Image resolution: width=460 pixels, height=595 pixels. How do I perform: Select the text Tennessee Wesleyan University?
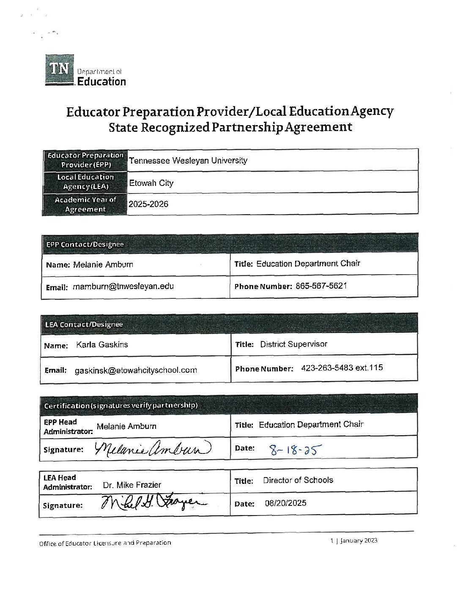(188, 161)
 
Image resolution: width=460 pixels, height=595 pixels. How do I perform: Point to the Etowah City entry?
(151, 183)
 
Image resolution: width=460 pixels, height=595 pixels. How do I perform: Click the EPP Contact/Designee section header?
(85, 244)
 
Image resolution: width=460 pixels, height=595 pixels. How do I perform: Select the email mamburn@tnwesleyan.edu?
(123, 287)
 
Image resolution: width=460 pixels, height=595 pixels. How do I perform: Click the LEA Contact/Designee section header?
(84, 324)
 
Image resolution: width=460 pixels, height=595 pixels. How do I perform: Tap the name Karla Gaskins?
(102, 344)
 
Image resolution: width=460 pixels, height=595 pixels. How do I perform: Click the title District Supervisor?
(293, 344)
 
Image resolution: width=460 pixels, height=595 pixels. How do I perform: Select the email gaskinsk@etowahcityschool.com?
(136, 370)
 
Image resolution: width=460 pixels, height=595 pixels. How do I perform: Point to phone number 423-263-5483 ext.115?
(342, 368)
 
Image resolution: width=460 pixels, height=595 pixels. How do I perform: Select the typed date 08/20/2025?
(285, 503)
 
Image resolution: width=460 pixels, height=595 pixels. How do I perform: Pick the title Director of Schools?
(298, 480)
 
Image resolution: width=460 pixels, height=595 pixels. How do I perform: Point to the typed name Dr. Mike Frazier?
(132, 485)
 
